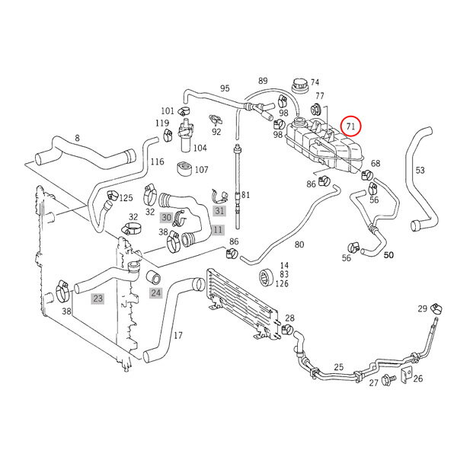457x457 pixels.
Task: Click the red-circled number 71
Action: coord(352,124)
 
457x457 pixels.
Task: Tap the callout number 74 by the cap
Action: coord(315,83)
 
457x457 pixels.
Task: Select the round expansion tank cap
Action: coord(296,85)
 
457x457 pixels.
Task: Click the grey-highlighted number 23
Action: coord(97,299)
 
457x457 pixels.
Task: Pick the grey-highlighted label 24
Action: coord(155,292)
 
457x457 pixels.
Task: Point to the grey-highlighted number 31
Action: coord(219,210)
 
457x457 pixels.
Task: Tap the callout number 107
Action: coord(202,171)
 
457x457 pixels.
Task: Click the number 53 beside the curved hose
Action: coord(420,170)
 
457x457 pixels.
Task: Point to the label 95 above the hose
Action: coord(225,88)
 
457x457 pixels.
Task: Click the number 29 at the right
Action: coord(423,308)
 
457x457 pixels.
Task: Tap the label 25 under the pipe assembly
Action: coord(339,368)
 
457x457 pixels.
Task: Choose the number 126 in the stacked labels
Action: coord(283,285)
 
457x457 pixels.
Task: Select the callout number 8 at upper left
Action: coord(77,138)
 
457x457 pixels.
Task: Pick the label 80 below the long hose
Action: coord(299,244)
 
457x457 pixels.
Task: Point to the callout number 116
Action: coord(158,161)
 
